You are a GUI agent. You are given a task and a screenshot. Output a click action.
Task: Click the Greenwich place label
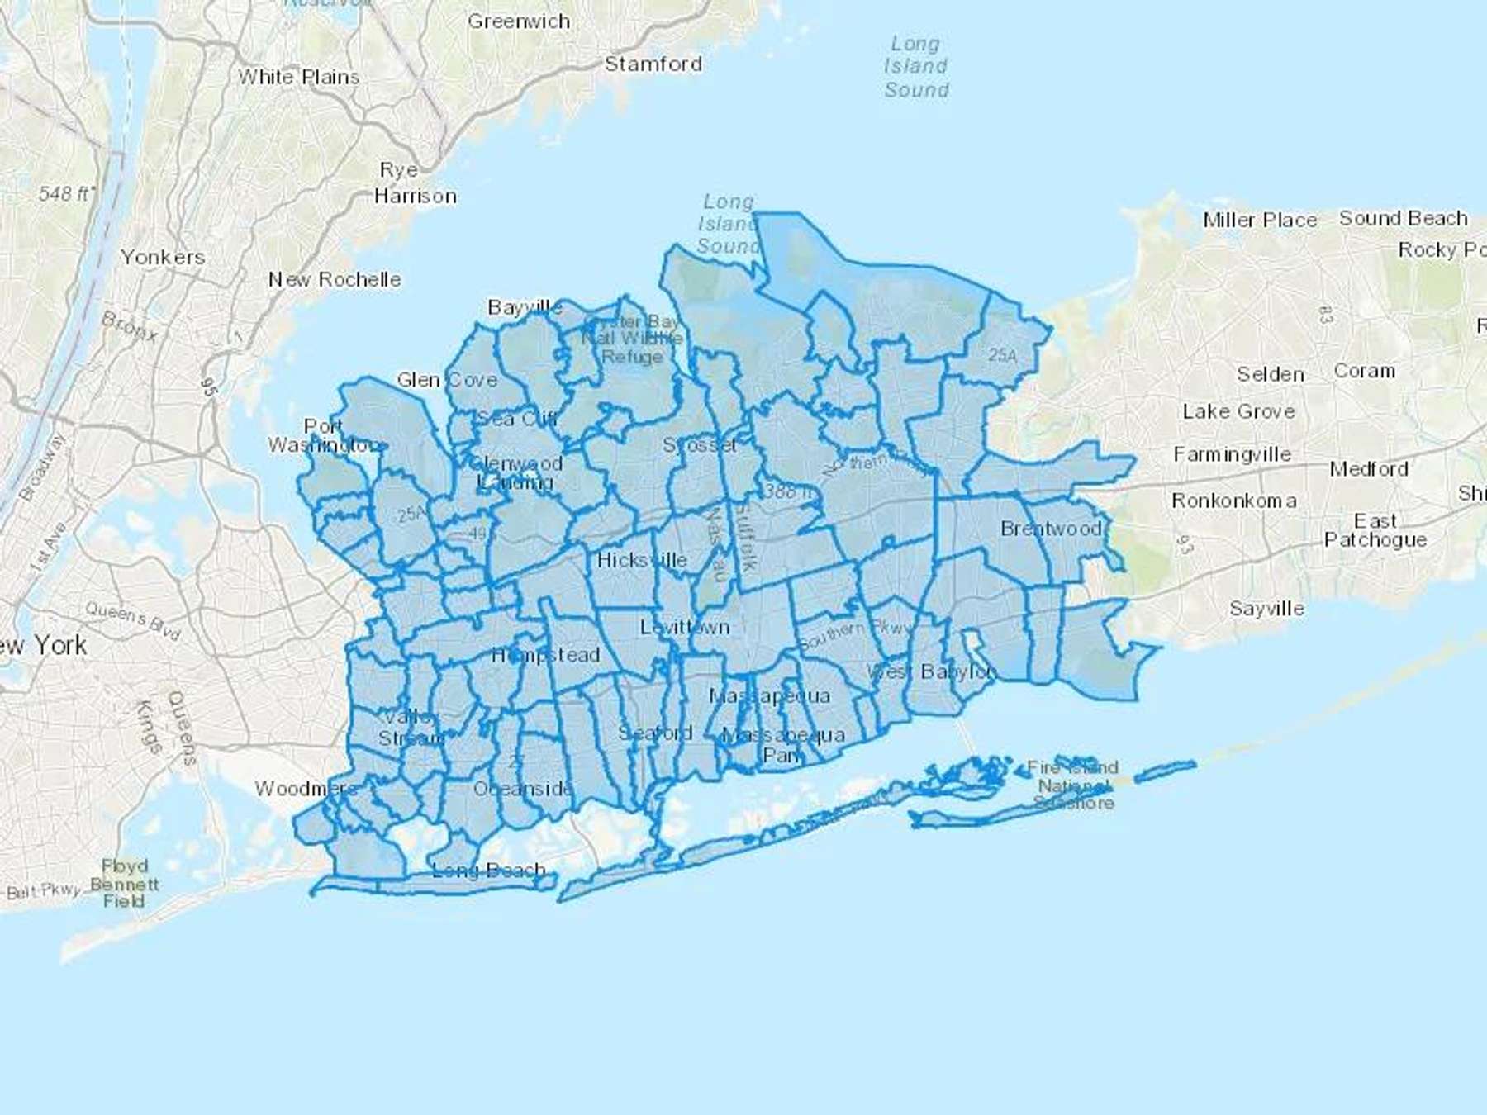tap(519, 21)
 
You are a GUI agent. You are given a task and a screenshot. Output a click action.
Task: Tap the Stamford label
tap(653, 64)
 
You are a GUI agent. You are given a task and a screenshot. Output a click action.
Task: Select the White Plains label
tap(299, 77)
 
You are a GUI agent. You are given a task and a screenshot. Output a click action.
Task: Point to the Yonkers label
tap(163, 257)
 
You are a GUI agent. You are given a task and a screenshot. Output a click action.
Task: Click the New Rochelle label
tap(335, 279)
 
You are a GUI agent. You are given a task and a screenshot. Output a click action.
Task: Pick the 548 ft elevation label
tap(66, 194)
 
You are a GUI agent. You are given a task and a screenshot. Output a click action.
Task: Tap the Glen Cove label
tap(447, 380)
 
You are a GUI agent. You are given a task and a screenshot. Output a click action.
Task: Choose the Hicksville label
tap(642, 560)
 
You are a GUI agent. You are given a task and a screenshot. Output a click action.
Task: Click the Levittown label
tap(685, 627)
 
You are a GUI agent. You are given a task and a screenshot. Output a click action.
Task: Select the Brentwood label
tap(1051, 529)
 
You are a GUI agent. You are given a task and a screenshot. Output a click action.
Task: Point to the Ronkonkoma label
tap(1233, 501)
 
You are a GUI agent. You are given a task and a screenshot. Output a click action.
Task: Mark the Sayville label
tap(1266, 609)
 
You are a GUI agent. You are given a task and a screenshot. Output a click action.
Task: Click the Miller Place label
tap(1260, 220)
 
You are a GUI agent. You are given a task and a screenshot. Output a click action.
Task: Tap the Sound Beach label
tap(1404, 218)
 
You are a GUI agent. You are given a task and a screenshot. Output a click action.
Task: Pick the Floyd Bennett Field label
tap(124, 884)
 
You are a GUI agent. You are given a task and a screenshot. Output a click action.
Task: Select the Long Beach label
tap(488, 870)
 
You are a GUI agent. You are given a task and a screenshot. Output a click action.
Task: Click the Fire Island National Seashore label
tap(1073, 785)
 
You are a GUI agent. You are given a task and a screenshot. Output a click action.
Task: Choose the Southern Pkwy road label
tap(856, 634)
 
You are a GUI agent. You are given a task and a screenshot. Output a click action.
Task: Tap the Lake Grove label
tap(1238, 411)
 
